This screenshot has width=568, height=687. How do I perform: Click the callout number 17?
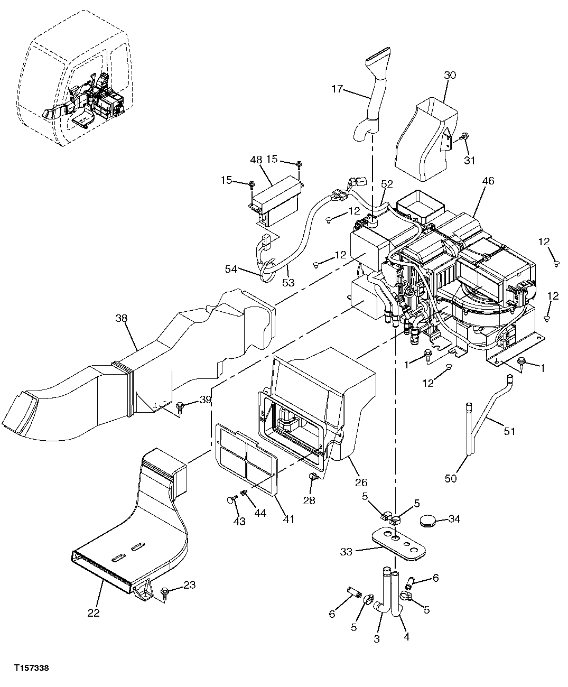(x=337, y=89)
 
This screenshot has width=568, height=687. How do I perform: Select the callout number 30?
(x=450, y=76)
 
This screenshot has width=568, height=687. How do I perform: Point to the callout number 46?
(x=488, y=181)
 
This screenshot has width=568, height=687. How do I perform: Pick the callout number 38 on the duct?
(x=122, y=318)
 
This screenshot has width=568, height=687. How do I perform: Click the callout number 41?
(x=288, y=519)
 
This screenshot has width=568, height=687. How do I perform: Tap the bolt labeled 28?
(x=313, y=478)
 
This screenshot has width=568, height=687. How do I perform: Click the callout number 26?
(x=361, y=482)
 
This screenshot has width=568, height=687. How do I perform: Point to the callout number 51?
(x=509, y=431)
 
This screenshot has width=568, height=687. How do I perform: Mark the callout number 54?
(x=231, y=269)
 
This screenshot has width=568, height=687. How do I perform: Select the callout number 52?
(x=387, y=183)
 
